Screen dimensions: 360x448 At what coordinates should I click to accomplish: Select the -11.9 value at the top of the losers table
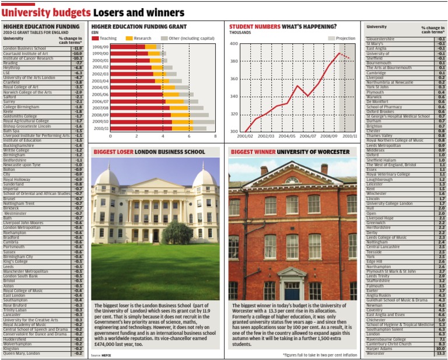pos(77,48)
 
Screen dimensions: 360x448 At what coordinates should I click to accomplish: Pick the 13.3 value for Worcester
pos(440,353)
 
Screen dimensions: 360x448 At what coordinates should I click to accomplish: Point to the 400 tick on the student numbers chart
pos(234,44)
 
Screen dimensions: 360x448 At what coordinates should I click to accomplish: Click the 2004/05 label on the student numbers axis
pos(287,136)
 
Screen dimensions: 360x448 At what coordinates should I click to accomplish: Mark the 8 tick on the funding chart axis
pos(215,136)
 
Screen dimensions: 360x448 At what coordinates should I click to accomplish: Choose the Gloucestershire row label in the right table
pos(381,39)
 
